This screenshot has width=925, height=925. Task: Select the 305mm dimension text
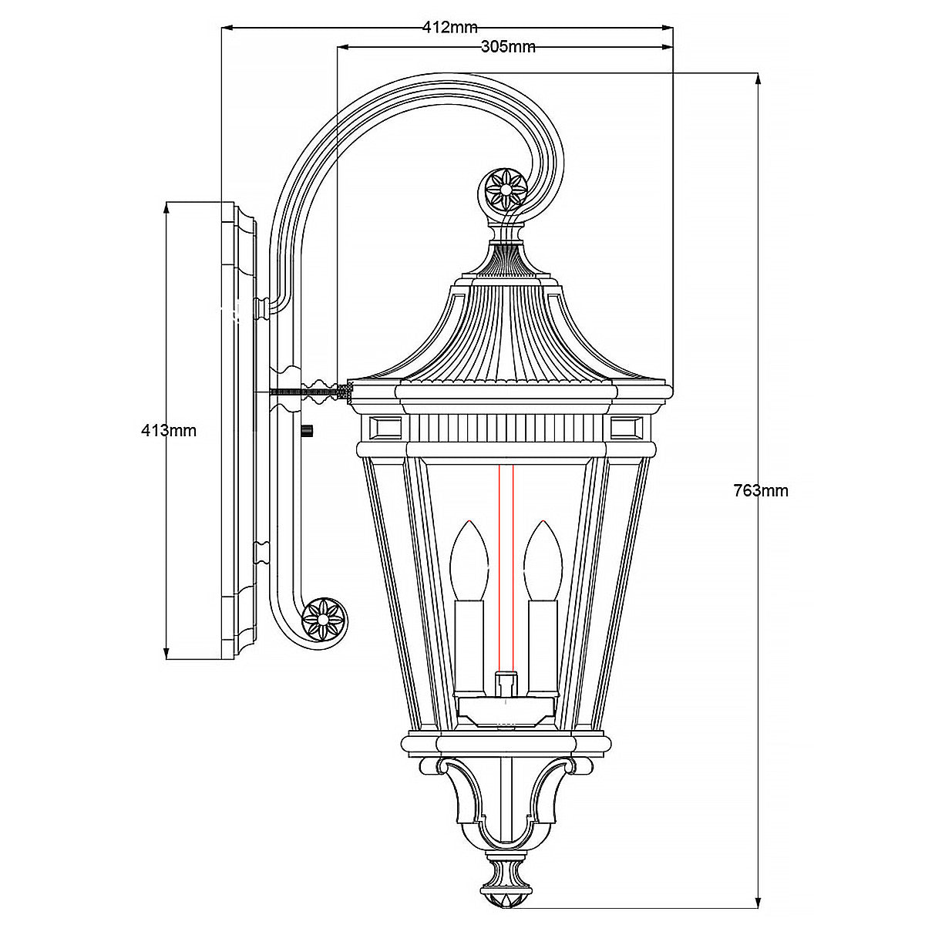coord(508,47)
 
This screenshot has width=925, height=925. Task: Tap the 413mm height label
coord(169,431)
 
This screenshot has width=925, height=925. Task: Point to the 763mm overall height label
coord(761,490)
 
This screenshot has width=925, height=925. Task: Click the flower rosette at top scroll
coord(506,187)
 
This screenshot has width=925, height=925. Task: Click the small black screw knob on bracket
coord(308,432)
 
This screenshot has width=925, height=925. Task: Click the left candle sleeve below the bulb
coord(469,634)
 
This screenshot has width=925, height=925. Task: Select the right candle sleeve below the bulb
coord(542,634)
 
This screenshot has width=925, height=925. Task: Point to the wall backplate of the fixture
coord(239,432)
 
